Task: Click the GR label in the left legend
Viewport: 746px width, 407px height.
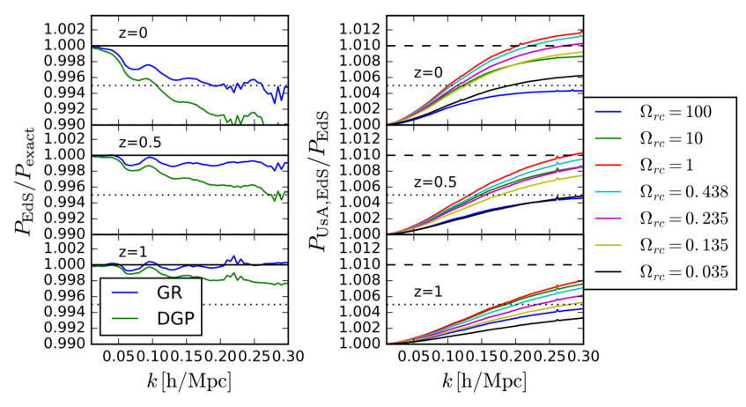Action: pos(169,292)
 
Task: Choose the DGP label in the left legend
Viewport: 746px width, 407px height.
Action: pos(175,318)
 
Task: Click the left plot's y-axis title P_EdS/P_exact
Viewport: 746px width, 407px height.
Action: pos(25,181)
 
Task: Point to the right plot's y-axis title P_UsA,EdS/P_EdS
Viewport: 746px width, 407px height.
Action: pos(319,181)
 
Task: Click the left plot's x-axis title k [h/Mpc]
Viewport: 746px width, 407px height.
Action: pos(188,381)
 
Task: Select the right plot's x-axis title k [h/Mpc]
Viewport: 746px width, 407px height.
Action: pos(484,381)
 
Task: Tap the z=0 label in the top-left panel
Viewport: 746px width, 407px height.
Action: pos(133,33)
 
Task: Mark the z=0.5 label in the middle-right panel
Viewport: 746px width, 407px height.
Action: pos(435,182)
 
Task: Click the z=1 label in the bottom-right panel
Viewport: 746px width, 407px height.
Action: pos(428,292)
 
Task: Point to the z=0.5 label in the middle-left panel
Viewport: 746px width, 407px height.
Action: pos(140,143)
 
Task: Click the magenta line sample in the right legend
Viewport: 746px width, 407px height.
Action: pos(609,218)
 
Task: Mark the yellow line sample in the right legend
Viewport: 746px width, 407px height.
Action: pos(609,245)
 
